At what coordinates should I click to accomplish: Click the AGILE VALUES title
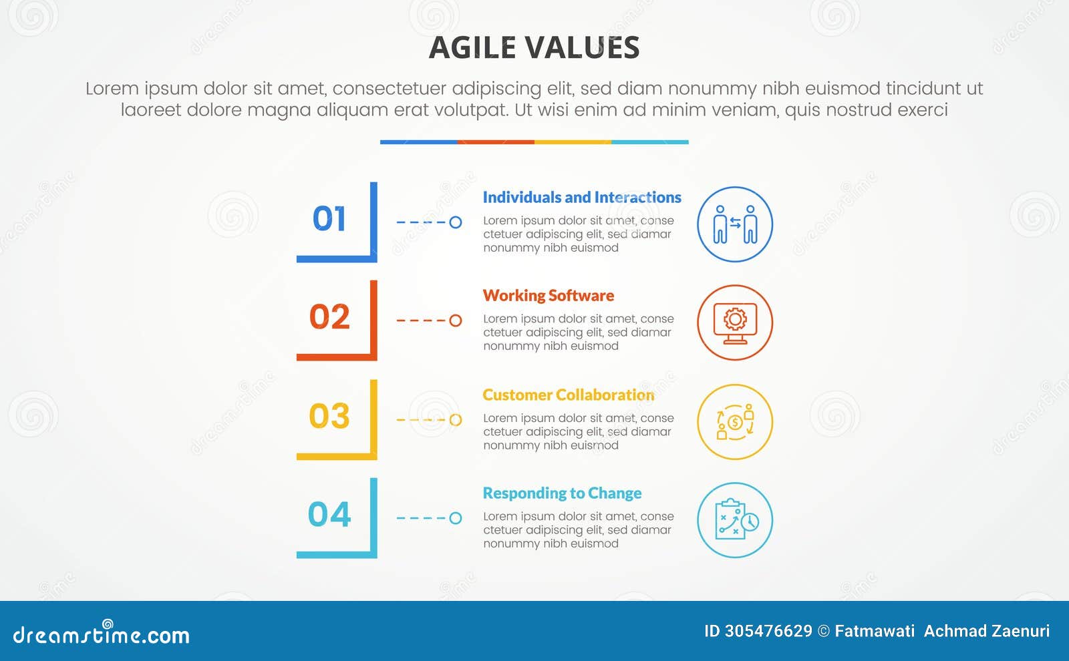point(534,47)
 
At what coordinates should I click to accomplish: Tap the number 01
point(329,218)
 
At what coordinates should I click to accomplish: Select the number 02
point(329,316)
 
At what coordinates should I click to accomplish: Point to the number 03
point(329,415)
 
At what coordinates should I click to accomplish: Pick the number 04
point(329,514)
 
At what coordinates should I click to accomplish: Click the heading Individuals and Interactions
point(581,197)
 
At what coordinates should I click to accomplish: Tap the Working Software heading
point(548,295)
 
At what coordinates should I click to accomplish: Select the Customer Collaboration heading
point(568,395)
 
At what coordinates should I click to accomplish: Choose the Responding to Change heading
point(562,493)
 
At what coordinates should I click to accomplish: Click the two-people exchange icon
point(735,224)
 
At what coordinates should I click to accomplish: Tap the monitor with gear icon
point(735,322)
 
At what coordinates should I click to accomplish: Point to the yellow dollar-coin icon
point(735,422)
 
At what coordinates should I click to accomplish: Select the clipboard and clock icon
point(735,520)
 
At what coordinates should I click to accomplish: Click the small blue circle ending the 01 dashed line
point(456,222)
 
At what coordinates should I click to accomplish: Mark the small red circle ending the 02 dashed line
point(456,320)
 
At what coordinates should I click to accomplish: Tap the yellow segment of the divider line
point(573,142)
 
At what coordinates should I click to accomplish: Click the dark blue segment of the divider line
point(418,142)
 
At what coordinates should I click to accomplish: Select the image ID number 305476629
point(768,631)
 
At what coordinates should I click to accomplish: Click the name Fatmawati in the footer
point(875,631)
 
